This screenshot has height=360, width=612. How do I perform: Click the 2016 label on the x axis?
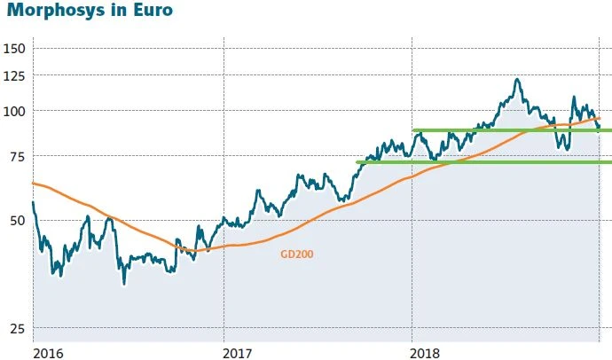point(49,352)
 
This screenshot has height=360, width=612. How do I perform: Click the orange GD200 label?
point(297,254)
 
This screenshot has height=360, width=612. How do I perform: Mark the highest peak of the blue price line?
point(516,80)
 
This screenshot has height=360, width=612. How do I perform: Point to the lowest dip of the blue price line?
point(123,284)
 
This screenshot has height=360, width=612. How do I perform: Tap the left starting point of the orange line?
point(33,183)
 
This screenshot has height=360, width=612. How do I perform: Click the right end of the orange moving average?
point(600,117)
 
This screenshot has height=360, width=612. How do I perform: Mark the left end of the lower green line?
point(357,162)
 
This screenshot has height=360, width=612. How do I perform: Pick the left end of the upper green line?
point(413,130)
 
